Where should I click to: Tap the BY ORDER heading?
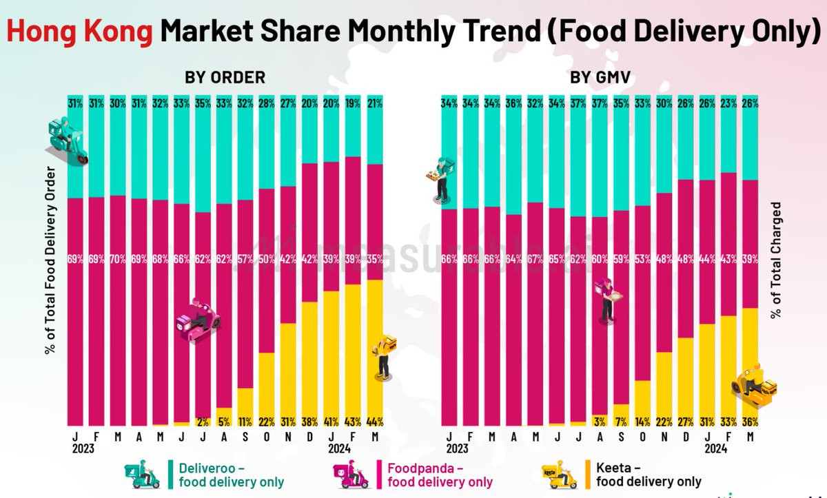click(x=225, y=77)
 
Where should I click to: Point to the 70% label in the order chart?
click(x=118, y=260)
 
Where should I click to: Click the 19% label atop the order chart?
click(x=353, y=104)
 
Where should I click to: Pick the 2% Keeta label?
click(x=203, y=422)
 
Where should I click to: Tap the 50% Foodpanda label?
click(x=267, y=260)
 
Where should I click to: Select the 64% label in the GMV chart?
click(x=513, y=260)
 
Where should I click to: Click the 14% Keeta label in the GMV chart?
click(x=642, y=422)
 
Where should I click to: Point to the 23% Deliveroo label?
click(x=728, y=104)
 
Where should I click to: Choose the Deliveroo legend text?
click(x=231, y=475)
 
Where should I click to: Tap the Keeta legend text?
click(x=649, y=475)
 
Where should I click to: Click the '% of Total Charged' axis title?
click(x=776, y=260)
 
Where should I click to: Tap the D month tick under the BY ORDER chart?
click(x=310, y=436)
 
